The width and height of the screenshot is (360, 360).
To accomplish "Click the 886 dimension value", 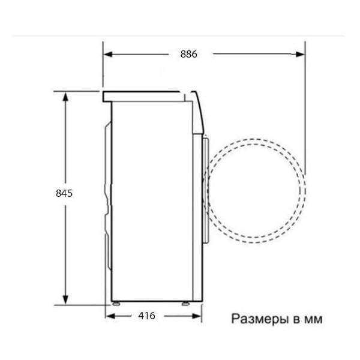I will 188,54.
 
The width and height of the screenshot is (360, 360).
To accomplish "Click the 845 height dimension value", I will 64,193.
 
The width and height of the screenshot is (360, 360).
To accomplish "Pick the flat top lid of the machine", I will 144,95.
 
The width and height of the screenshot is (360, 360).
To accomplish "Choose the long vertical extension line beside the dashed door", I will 305,120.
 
